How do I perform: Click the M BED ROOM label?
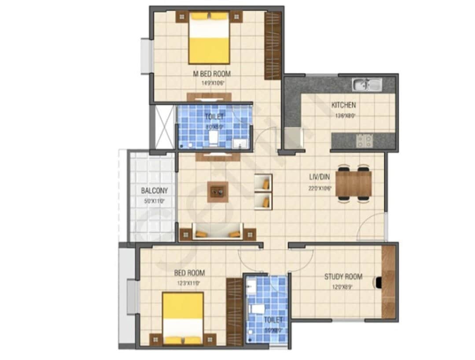[x=212, y=74]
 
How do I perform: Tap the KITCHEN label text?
[x=343, y=105]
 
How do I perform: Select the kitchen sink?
[x=367, y=84]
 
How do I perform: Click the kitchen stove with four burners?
[x=364, y=141]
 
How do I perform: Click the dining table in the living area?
[x=353, y=183]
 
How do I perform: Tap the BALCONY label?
[x=154, y=191]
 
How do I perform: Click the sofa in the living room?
[x=217, y=232]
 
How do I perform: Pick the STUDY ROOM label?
[x=343, y=277]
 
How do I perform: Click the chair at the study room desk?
[x=378, y=282]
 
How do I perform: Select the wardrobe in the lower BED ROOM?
[x=234, y=311]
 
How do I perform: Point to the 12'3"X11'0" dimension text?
[x=188, y=283]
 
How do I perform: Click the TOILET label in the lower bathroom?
[x=273, y=319]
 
